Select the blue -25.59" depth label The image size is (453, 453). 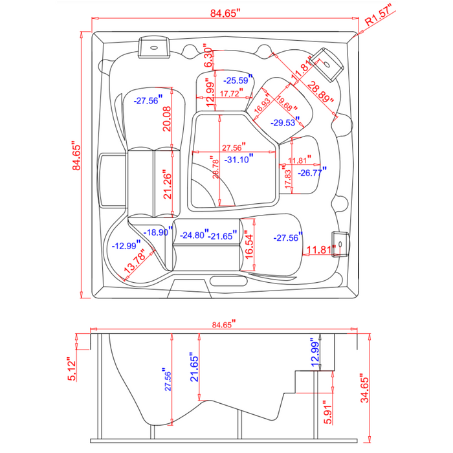[236, 81]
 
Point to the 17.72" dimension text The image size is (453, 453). [231, 94]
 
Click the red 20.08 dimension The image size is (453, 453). [167, 119]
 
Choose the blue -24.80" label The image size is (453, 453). [194, 236]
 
